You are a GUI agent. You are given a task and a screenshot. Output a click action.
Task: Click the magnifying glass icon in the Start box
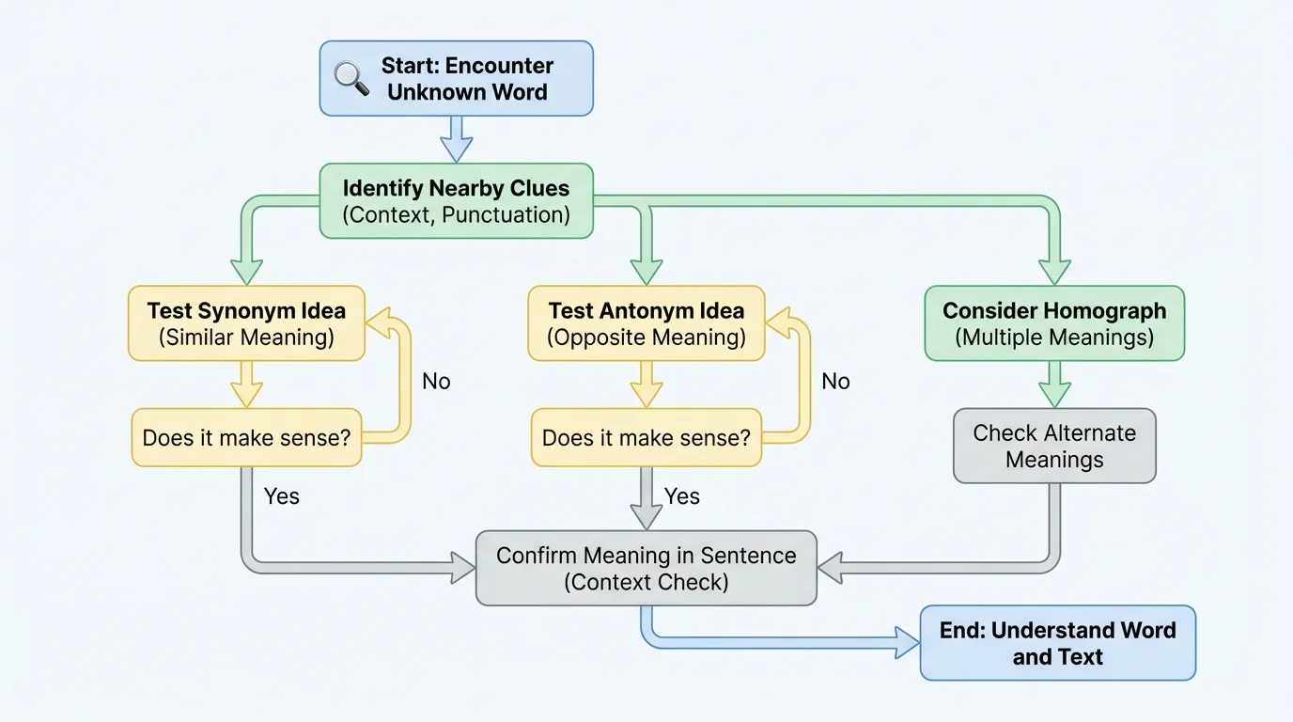point(351,79)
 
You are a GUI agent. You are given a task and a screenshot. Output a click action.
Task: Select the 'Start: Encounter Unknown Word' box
point(457,79)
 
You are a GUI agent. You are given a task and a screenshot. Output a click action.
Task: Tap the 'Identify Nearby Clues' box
point(457,201)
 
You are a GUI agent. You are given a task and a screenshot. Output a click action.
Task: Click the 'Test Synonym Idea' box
point(246,323)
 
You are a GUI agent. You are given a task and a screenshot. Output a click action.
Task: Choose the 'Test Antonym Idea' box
point(646,323)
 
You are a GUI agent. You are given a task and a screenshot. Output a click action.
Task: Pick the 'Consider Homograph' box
point(1054,323)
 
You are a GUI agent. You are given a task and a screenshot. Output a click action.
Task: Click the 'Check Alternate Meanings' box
point(1054,446)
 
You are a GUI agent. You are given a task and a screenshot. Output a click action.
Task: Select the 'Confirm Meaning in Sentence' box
point(646,568)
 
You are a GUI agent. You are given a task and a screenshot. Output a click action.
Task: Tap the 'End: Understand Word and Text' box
point(1057,643)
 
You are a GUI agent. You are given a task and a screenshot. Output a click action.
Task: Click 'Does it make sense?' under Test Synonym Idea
point(246,437)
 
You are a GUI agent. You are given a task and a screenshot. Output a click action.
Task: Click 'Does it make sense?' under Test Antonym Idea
point(646,437)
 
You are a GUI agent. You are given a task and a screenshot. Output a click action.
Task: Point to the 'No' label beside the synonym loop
point(436,381)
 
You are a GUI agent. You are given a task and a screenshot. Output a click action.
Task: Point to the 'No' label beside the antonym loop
point(835,381)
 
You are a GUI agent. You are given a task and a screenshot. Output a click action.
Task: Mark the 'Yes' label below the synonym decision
point(282,496)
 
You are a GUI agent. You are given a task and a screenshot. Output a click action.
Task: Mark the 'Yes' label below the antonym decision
point(682,496)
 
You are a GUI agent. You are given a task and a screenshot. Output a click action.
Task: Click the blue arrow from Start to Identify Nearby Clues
point(457,139)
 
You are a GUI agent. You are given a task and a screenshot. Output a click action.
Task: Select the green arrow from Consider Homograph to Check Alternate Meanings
point(1054,385)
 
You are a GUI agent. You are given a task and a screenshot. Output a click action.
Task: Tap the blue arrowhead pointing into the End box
point(907,643)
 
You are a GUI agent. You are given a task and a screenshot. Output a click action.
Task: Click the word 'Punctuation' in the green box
point(506,214)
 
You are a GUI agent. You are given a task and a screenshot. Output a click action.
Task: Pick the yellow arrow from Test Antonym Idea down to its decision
point(646,385)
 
